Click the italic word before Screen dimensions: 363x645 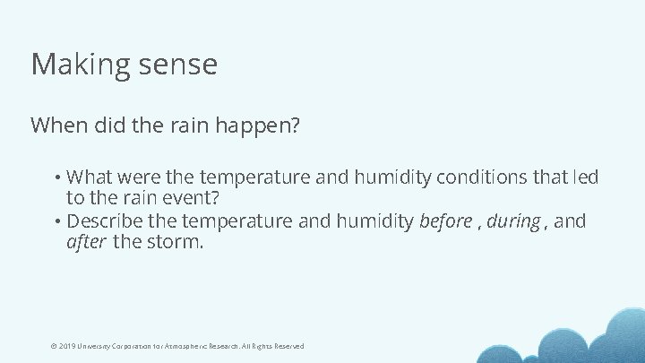(x=445, y=220)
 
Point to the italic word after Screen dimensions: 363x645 (x=86, y=242)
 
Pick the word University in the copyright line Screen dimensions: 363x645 (x=95, y=346)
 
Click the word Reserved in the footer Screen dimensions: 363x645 (x=287, y=346)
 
